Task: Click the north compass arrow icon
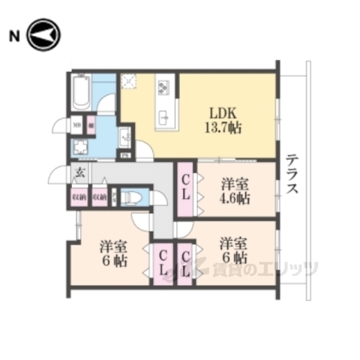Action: [x=43, y=35]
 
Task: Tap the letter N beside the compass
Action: [x=13, y=35]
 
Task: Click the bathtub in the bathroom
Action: [x=81, y=94]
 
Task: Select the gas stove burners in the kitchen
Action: [x=164, y=88]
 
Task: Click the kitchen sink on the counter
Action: [x=165, y=117]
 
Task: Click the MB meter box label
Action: [x=76, y=125]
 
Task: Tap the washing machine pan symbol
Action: [x=79, y=147]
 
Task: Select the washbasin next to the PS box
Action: [x=125, y=136]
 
